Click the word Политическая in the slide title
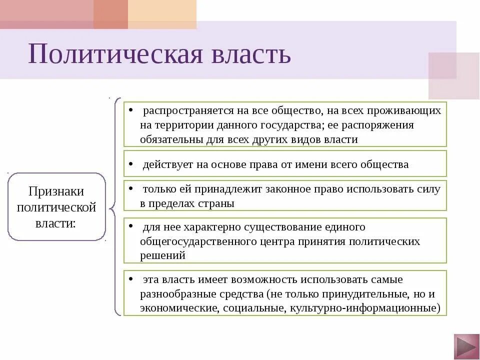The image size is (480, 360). (115, 53)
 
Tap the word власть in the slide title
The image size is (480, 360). (250, 53)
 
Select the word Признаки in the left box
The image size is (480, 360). (56, 191)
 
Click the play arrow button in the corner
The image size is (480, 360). (466, 346)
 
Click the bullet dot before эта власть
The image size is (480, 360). (130, 278)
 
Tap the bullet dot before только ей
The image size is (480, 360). (130, 188)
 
